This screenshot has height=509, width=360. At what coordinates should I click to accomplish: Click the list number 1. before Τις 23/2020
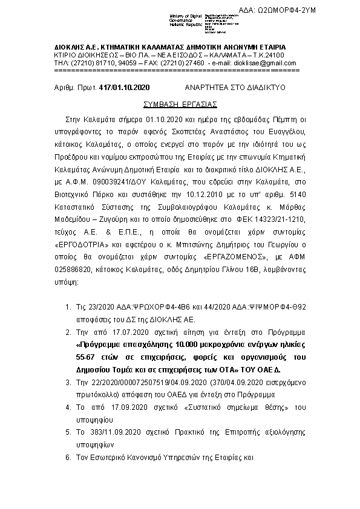tap(68, 308)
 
